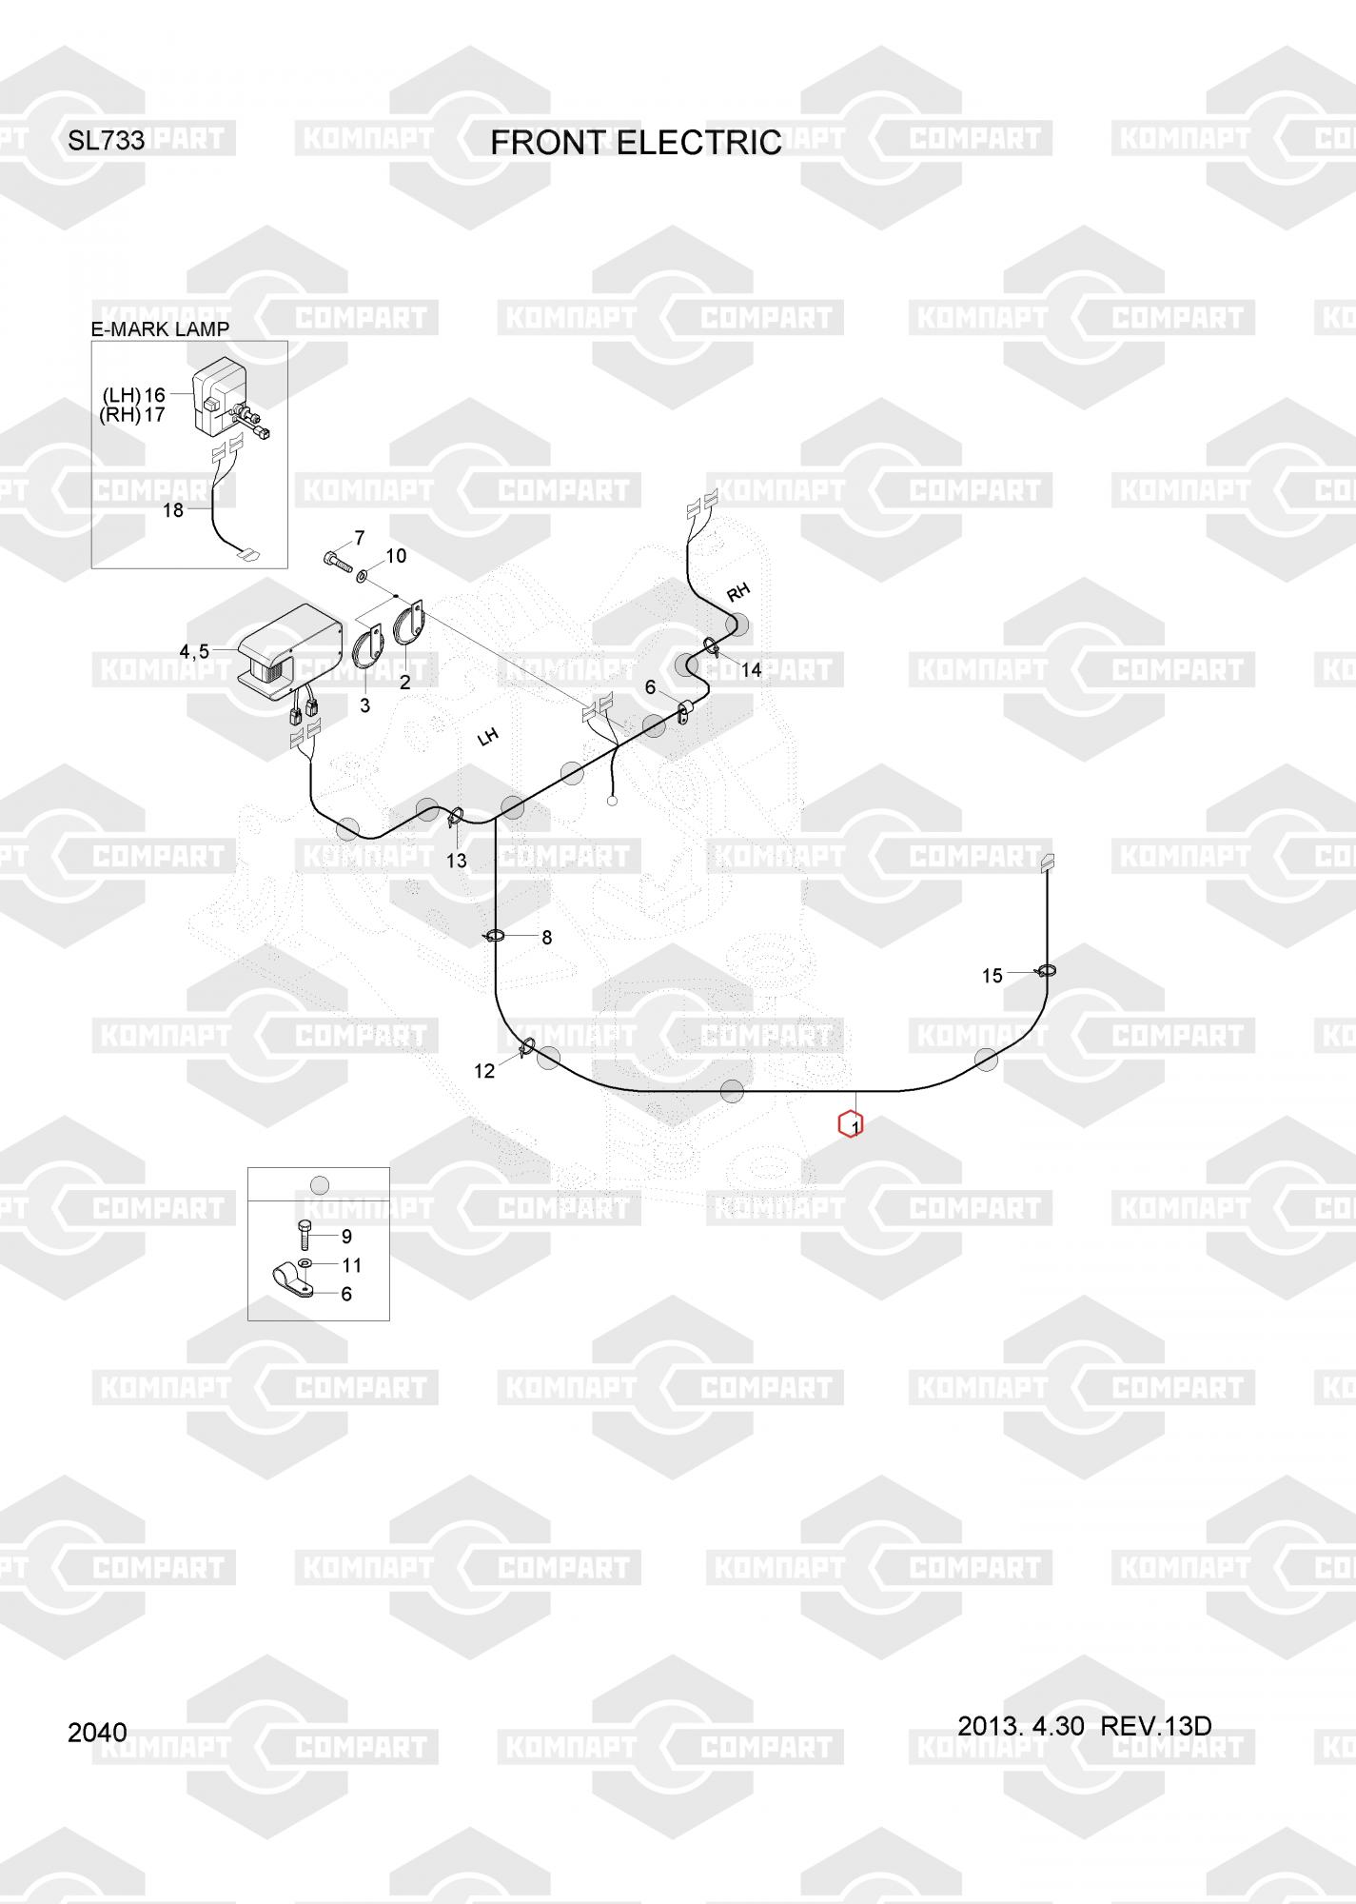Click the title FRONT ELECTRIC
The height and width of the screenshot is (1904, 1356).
[x=636, y=143]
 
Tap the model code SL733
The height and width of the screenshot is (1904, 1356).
[x=106, y=141]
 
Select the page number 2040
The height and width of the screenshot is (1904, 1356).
[x=97, y=1733]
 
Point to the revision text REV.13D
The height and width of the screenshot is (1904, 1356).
[x=1155, y=1726]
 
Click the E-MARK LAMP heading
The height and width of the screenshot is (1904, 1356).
[x=160, y=329]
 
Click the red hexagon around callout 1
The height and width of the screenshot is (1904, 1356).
[x=850, y=1124]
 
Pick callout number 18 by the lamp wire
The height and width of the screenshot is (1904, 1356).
[x=172, y=510]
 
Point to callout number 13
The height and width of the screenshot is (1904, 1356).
[x=457, y=861]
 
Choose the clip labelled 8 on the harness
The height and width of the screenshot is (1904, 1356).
[x=495, y=937]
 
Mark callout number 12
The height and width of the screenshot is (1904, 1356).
[x=484, y=1071]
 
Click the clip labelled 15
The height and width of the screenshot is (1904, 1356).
[x=1046, y=971]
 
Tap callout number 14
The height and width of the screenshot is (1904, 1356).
[x=751, y=670]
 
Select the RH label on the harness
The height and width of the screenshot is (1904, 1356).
[x=737, y=592]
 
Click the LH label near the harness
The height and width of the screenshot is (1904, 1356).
[x=487, y=736]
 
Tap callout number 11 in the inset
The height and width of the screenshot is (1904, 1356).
[x=351, y=1265]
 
